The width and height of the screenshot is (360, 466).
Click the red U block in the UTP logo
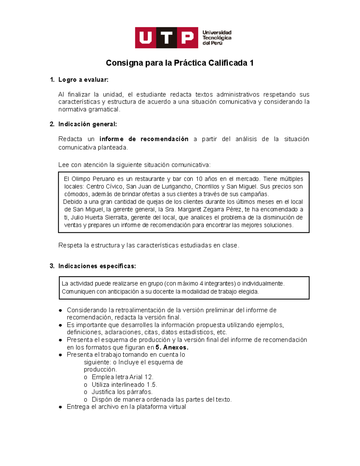point(145,38)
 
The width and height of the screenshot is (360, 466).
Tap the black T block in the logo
point(166,38)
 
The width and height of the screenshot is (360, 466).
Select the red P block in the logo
point(187,38)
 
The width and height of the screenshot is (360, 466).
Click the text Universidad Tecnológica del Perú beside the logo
point(217,38)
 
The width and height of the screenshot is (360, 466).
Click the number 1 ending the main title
point(251,63)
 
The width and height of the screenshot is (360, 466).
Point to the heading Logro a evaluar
point(83,80)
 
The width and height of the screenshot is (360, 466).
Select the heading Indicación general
point(87,124)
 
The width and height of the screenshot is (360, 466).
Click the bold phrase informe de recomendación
point(144,139)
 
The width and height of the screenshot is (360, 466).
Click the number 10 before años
point(199,179)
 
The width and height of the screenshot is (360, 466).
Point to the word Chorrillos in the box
point(207,187)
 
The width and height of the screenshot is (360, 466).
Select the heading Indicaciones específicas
point(97,266)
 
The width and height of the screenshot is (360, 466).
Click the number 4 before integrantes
point(201,284)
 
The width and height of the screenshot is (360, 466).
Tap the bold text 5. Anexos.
point(172,347)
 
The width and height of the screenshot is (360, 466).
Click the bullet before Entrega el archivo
point(61,407)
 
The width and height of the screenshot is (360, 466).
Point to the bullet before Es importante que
point(61,325)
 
